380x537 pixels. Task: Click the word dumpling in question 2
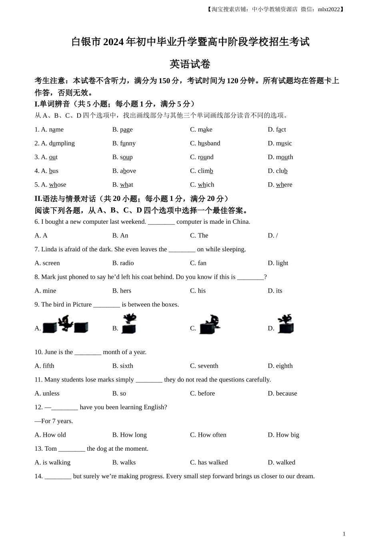pyautogui.click(x=62, y=143)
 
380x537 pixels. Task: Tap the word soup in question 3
pyautogui.click(x=126, y=157)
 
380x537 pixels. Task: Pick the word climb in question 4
pyautogui.click(x=205, y=171)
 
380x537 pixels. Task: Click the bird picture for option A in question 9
pyautogui.click(x=65, y=324)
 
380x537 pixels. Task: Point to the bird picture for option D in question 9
pyautogui.click(x=286, y=324)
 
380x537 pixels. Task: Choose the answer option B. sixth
pyautogui.click(x=122, y=366)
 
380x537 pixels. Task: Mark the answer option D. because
pyautogui.click(x=282, y=393)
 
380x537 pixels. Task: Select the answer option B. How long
pyautogui.click(x=129, y=435)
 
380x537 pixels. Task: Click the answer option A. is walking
pyautogui.click(x=52, y=462)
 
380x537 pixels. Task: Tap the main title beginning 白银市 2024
pyautogui.click(x=190, y=42)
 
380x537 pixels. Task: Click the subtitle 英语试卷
pyautogui.click(x=190, y=64)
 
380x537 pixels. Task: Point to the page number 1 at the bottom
pyautogui.click(x=344, y=533)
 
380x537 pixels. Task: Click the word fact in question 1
pyautogui.click(x=281, y=129)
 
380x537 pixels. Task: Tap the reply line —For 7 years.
pyautogui.click(x=54, y=421)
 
